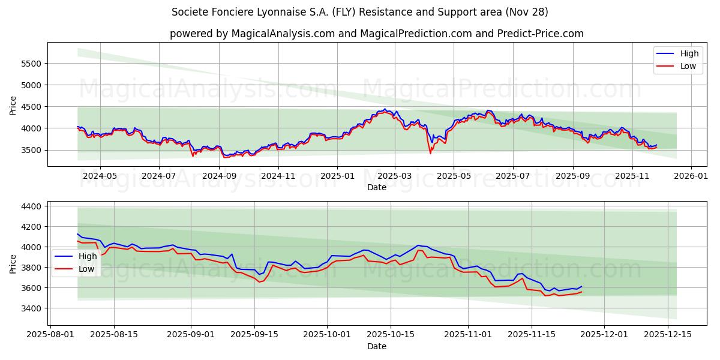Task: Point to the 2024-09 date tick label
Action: coord(219,176)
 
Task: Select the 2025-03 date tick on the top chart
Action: coord(395,176)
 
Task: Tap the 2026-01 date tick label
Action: coord(691,176)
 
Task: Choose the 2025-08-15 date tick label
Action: coord(114,335)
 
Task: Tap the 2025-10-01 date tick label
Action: coord(327,335)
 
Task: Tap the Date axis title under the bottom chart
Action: coord(377,346)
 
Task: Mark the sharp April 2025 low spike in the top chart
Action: coord(430,153)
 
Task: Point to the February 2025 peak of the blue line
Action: coord(385,109)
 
